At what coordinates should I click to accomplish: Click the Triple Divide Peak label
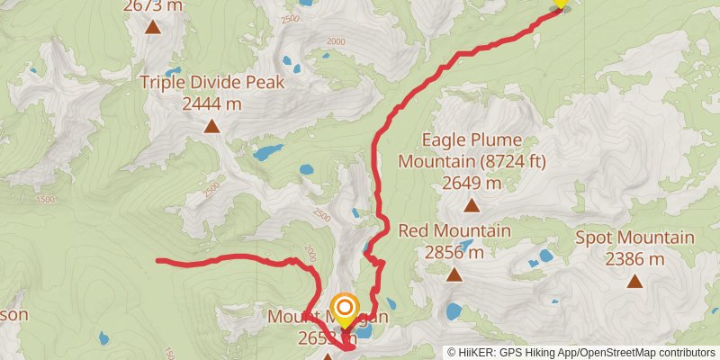coord(211,83)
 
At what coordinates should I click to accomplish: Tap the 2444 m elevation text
coord(211,103)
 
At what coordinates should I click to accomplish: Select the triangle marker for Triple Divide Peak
coord(211,126)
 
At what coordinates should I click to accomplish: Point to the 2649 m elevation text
coord(472,183)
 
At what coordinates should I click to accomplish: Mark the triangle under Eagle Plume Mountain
coord(472,206)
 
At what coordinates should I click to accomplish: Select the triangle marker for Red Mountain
coord(454,274)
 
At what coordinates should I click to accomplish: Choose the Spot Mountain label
coord(635,238)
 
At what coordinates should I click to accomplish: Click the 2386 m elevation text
coord(635,259)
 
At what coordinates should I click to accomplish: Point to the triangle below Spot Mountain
coord(635,282)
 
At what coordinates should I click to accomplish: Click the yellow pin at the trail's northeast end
coord(560,3)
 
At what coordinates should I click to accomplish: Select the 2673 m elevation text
coord(153,5)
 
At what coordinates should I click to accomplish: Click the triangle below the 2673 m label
coord(153,27)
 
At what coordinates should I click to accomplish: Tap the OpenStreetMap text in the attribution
coord(622,352)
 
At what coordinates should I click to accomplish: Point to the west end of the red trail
coord(158,261)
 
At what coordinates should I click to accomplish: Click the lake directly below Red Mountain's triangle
coord(453,311)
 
